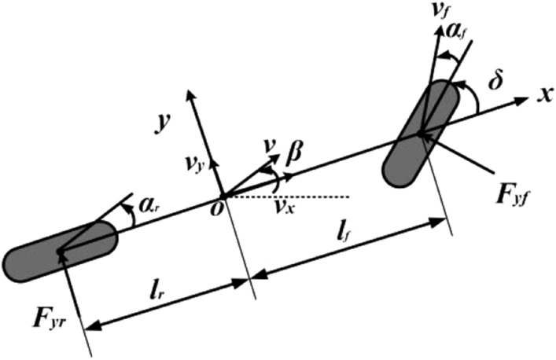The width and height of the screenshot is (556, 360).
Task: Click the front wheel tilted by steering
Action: tap(422, 131)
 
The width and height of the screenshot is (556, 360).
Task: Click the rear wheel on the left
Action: tap(60, 252)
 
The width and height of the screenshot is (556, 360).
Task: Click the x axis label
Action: tap(543, 95)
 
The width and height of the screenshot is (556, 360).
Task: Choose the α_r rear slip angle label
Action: tap(145, 207)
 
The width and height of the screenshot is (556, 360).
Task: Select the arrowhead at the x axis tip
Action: tap(522, 101)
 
